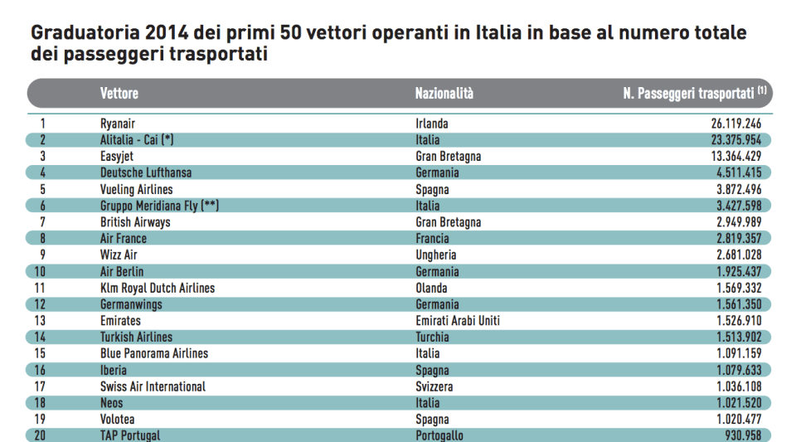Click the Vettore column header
click(x=119, y=94)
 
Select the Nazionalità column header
click(x=444, y=94)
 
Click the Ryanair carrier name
click(x=118, y=124)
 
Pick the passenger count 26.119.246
click(x=735, y=124)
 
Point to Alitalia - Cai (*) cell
click(x=137, y=140)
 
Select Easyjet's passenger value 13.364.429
click(x=735, y=156)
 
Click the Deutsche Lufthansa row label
click(x=146, y=172)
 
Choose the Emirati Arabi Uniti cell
click(x=458, y=320)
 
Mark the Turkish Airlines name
click(x=136, y=337)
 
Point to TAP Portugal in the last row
click(x=130, y=435)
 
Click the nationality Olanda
click(x=431, y=288)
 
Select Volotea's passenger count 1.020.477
click(x=735, y=419)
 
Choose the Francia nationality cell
click(x=433, y=238)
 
